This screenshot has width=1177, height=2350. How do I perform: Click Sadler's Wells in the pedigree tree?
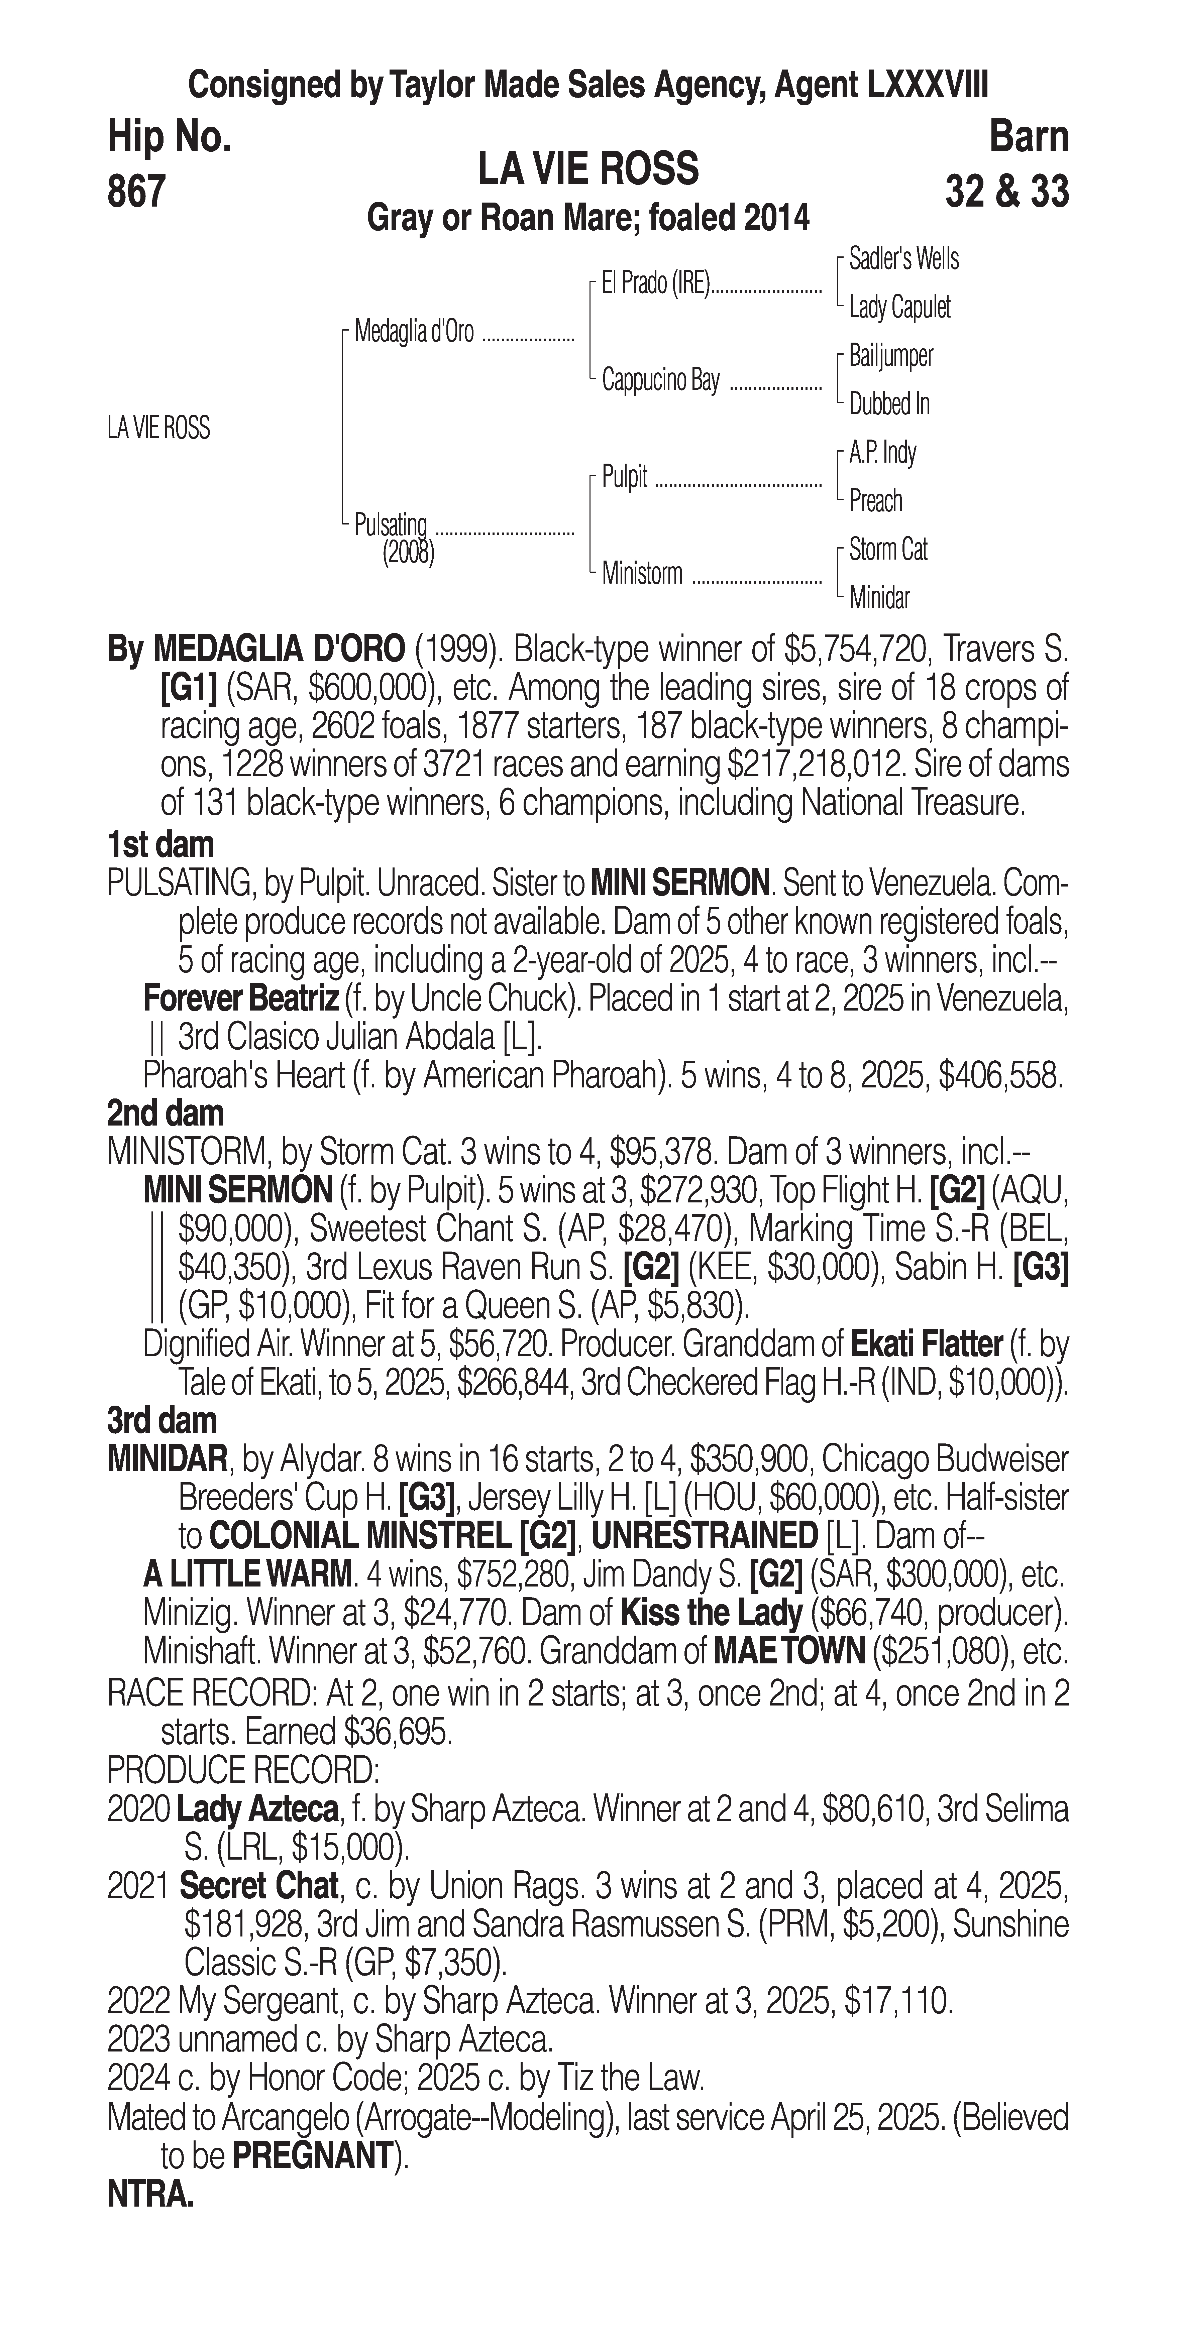click(903, 259)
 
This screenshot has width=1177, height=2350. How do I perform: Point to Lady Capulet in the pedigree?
click(899, 308)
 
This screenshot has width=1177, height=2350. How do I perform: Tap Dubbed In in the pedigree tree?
click(889, 404)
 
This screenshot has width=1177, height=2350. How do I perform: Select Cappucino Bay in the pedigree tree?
click(661, 380)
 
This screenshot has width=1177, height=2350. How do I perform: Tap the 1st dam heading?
click(160, 845)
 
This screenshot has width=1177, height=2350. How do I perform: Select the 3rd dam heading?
click(163, 1420)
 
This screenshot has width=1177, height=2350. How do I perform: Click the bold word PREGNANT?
click(312, 2156)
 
